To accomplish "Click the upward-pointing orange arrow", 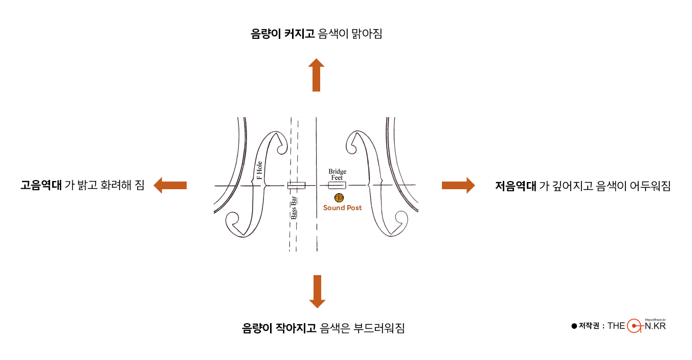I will pyautogui.click(x=317, y=75).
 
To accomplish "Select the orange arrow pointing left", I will pyautogui.click(x=170, y=185).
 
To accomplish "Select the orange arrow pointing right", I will pyautogui.click(x=458, y=185).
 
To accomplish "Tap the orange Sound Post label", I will pyautogui.click(x=342, y=208).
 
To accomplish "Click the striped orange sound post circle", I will pyautogui.click(x=339, y=197).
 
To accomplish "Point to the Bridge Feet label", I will pyautogui.click(x=337, y=174).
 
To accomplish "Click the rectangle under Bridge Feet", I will pyautogui.click(x=337, y=185).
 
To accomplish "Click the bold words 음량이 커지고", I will pyautogui.click(x=282, y=35).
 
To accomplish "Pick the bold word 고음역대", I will pyautogui.click(x=41, y=186).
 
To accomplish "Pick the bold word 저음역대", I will pyautogui.click(x=516, y=186).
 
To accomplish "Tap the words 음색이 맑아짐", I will pyautogui.click(x=350, y=35).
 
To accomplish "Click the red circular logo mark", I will pyautogui.click(x=635, y=326).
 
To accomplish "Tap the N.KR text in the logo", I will pyautogui.click(x=655, y=326).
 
